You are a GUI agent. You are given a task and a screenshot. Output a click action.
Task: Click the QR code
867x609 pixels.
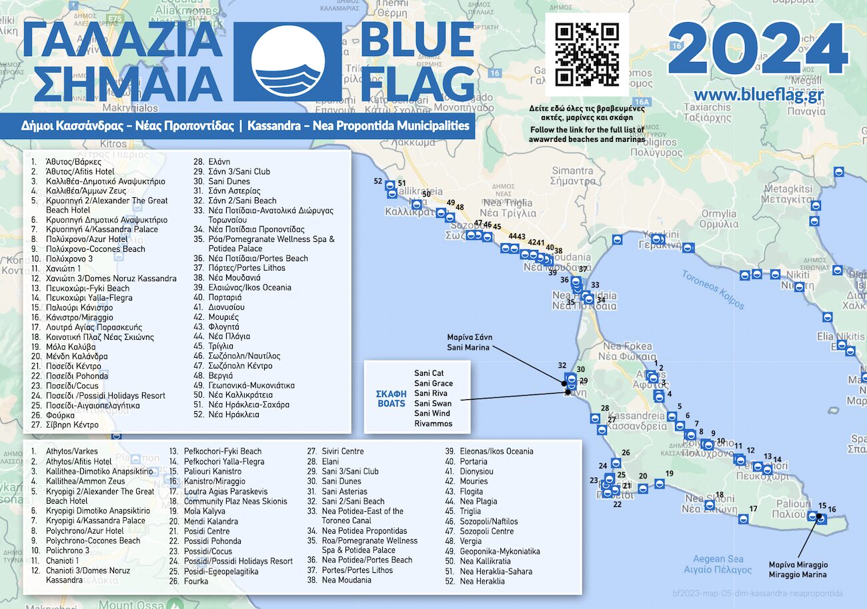coord(587,55)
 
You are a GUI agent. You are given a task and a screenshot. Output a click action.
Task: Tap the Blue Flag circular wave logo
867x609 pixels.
coord(289,61)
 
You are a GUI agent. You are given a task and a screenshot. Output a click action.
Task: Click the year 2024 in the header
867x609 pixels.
coord(758,49)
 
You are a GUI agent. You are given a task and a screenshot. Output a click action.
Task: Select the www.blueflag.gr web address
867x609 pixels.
coord(758,95)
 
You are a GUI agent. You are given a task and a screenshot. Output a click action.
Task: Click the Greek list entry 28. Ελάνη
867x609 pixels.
coord(212,161)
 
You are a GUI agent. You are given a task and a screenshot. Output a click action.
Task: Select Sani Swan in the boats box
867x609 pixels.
coord(432,403)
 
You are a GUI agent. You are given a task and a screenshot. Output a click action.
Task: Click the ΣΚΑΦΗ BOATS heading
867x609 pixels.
coord(391,398)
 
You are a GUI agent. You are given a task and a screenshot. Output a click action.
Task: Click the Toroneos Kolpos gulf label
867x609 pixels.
coord(713,290)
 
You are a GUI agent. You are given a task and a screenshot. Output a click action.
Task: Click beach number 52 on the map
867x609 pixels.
coord(378,181)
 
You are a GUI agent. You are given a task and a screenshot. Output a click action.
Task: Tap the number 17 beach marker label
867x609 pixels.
coord(753,509)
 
